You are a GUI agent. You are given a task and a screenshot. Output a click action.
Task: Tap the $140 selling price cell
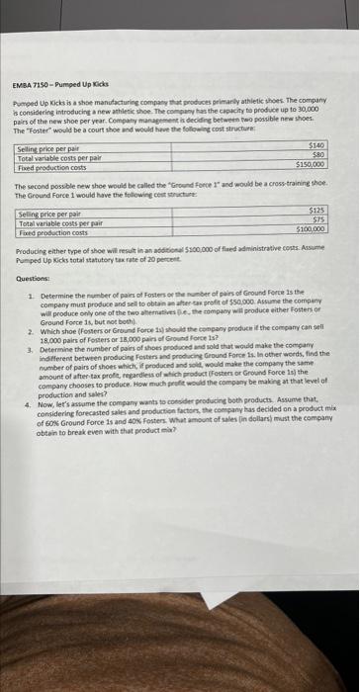pyautogui.click(x=317, y=144)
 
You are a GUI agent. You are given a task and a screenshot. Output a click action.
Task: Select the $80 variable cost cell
pyautogui.click(x=320, y=153)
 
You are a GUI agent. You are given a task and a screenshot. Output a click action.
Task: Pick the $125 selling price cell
pyautogui.click(x=317, y=211)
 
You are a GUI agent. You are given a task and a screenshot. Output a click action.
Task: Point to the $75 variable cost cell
pyautogui.click(x=319, y=219)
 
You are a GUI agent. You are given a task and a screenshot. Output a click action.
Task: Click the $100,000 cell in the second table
pyautogui.click(x=312, y=228)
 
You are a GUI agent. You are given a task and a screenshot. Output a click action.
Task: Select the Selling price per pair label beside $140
pyautogui.click(x=50, y=146)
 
